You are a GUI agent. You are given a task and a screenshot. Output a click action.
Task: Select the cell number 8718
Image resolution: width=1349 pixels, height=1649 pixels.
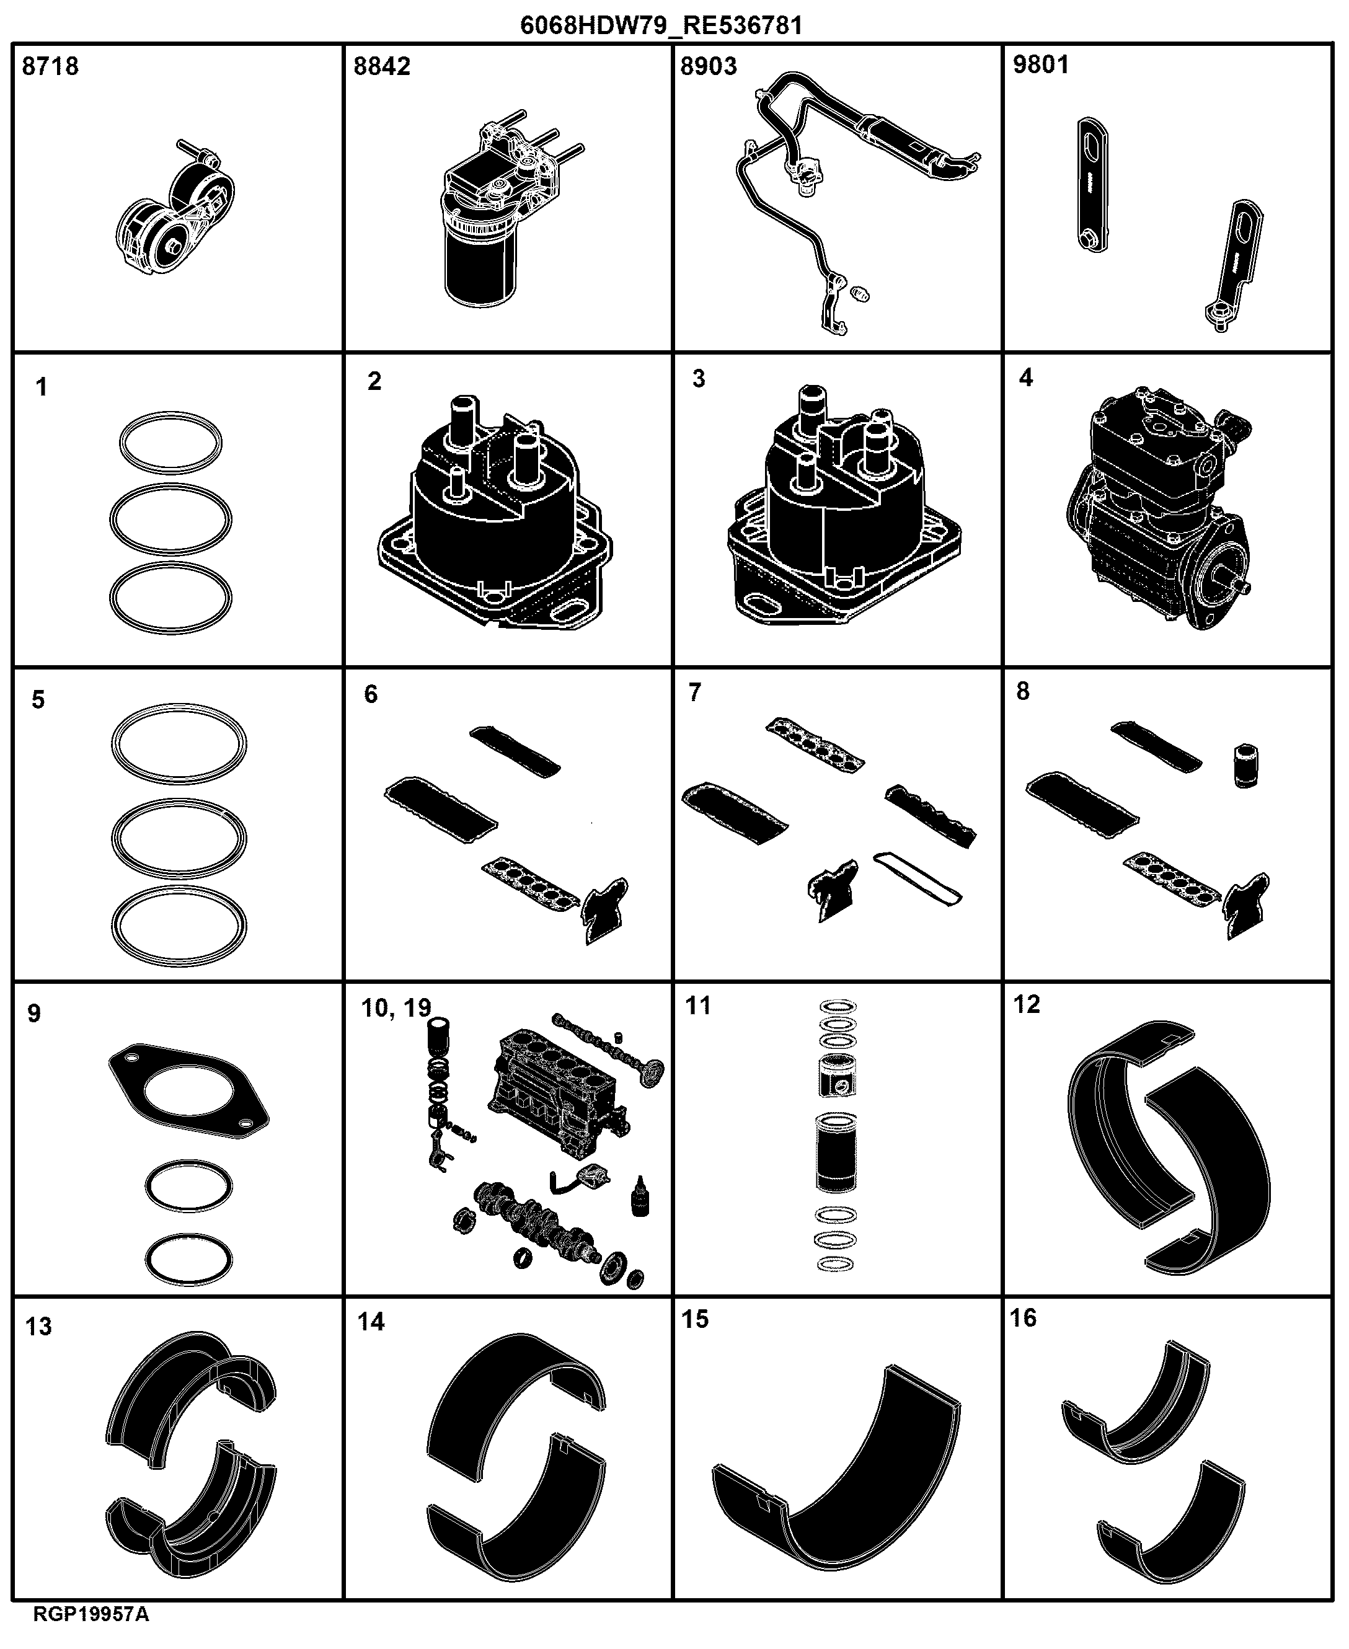click(x=50, y=66)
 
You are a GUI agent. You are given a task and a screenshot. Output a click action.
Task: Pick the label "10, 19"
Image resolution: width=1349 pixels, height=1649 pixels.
click(x=396, y=1009)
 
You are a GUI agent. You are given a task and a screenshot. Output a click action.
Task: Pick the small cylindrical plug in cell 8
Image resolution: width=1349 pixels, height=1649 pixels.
click(x=1245, y=767)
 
